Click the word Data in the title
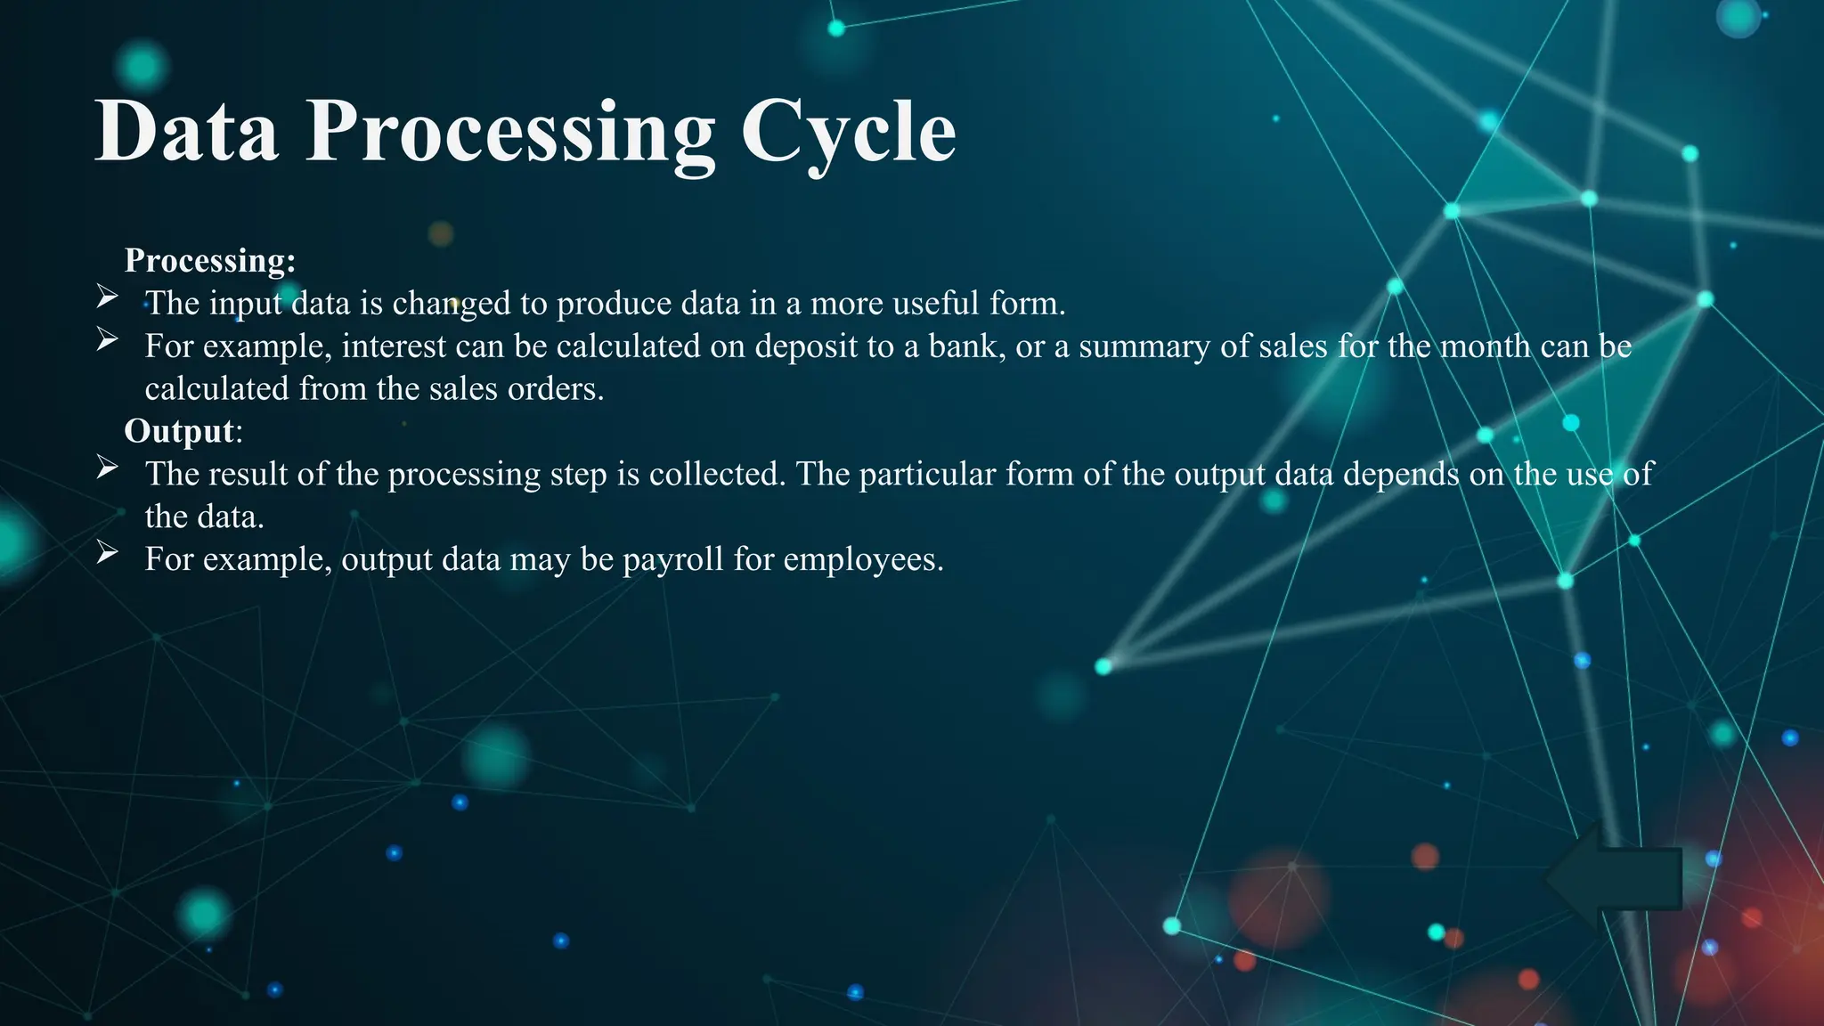click(x=186, y=132)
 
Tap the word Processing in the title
click(x=509, y=132)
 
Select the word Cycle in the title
click(x=848, y=132)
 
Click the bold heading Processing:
click(x=210, y=260)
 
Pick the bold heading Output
click(x=179, y=431)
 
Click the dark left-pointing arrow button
click(x=1612, y=878)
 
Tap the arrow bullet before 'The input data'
click(x=107, y=297)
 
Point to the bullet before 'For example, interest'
click(x=107, y=339)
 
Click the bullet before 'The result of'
click(x=107, y=468)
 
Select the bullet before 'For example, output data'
click(x=107, y=553)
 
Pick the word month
click(x=1486, y=346)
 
